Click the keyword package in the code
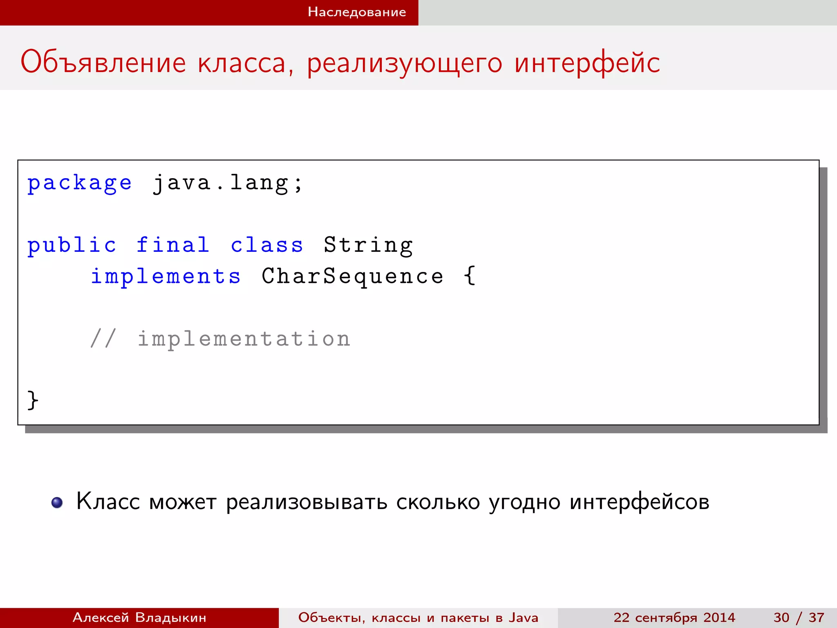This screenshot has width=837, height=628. (79, 183)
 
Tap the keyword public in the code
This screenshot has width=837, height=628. (72, 246)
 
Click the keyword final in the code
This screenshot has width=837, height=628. (173, 245)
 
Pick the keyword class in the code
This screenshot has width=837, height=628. (267, 245)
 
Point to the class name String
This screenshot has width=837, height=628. (368, 246)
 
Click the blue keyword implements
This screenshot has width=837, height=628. (166, 277)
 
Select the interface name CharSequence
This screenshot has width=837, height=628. (352, 277)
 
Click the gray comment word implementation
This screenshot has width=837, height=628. (244, 339)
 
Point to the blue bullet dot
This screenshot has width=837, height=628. (57, 502)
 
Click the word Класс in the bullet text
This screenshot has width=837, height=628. (108, 502)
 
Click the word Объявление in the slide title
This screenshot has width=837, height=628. (103, 63)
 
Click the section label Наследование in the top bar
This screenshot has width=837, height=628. (357, 12)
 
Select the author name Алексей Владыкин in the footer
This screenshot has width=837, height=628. (139, 617)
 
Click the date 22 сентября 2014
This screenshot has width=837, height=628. (674, 617)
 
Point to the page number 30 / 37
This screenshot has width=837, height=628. (799, 617)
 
